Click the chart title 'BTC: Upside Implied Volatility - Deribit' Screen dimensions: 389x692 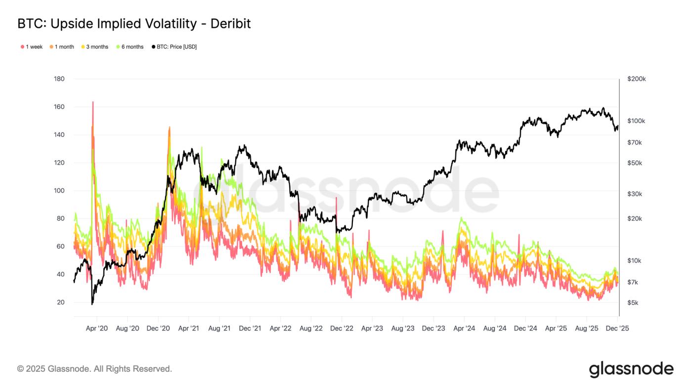(x=134, y=23)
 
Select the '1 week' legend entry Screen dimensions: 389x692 (x=32, y=47)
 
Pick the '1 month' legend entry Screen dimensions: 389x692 (x=62, y=47)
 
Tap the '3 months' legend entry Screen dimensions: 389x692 (x=94, y=47)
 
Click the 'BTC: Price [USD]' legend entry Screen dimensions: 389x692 (x=174, y=47)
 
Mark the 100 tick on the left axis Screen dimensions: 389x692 (x=59, y=191)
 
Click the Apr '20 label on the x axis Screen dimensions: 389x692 (x=97, y=328)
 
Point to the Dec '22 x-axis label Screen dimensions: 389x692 (x=342, y=328)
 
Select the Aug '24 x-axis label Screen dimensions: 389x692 (x=495, y=328)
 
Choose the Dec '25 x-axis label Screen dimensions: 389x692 (x=617, y=328)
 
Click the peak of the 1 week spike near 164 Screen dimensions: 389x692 (x=92, y=102)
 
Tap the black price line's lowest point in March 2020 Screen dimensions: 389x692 (x=92, y=304)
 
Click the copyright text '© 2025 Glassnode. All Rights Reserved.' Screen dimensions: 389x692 (x=94, y=369)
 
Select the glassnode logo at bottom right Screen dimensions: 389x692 (x=631, y=369)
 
